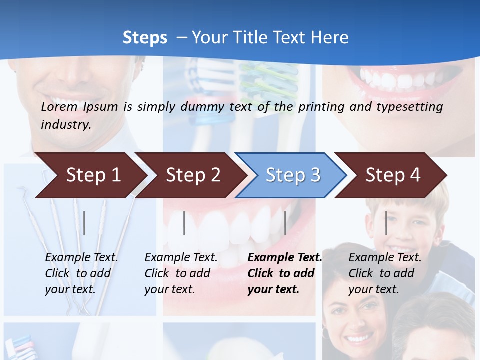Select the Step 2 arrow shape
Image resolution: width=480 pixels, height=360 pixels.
(193, 175)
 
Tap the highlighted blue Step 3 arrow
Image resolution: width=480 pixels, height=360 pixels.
(293, 175)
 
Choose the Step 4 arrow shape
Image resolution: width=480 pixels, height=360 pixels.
(393, 175)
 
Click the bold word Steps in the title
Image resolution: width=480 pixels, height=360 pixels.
(145, 38)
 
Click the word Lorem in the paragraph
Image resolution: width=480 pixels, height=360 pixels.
(59, 107)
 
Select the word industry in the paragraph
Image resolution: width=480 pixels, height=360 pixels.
(66, 125)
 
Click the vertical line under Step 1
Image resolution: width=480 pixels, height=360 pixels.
(84, 223)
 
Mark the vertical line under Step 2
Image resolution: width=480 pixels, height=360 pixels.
(184, 223)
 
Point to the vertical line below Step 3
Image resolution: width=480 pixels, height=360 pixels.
(285, 223)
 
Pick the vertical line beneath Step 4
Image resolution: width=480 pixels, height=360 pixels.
(386, 223)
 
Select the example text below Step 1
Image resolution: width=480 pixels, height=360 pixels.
(81, 273)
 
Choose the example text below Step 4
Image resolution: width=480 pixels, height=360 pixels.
(385, 273)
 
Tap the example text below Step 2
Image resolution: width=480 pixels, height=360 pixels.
(181, 273)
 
